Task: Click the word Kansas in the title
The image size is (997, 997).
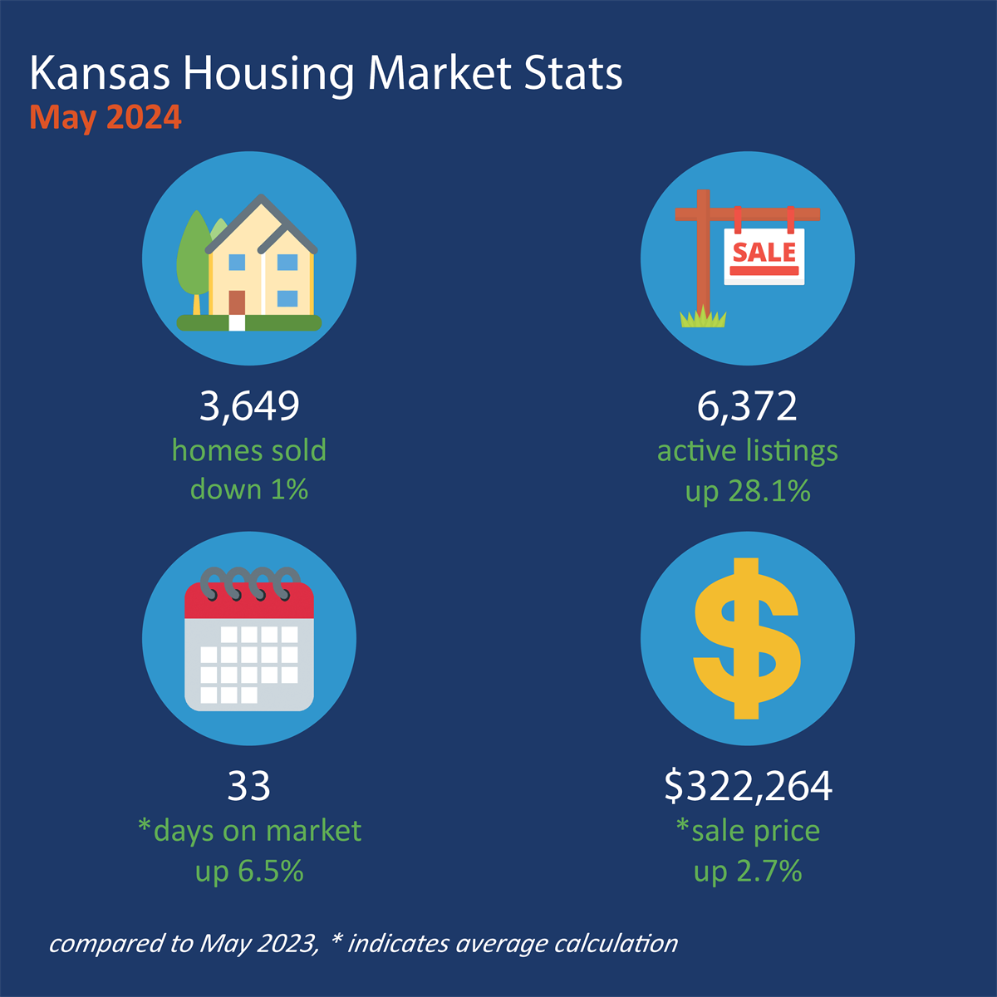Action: [x=100, y=74]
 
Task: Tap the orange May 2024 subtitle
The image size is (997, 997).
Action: [x=106, y=117]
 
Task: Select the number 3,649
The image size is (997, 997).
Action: [x=249, y=406]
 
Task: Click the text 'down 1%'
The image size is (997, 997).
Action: [x=249, y=489]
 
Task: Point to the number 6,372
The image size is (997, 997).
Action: [x=747, y=406]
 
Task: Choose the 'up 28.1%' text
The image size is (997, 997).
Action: [x=748, y=491]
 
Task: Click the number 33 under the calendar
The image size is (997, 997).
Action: [x=249, y=786]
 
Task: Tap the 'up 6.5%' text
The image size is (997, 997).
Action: [x=249, y=871]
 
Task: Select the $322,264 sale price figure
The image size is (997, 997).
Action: [x=748, y=786]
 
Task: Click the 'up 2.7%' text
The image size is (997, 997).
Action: [x=748, y=871]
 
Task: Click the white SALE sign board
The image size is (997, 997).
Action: [x=764, y=257]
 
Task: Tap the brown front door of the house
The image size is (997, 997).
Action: [x=238, y=302]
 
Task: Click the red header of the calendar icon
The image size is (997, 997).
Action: [x=249, y=602]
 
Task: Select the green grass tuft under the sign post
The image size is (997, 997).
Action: [x=703, y=317]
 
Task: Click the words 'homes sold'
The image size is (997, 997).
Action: [x=249, y=450]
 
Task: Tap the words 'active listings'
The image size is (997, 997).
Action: [x=748, y=450]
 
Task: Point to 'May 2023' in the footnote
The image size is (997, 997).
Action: [x=258, y=944]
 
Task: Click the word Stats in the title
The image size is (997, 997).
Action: [x=573, y=74]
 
